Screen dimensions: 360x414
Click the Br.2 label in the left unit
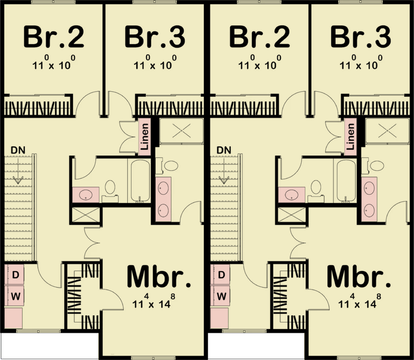(x=54, y=37)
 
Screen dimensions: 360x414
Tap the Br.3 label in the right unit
(x=361, y=37)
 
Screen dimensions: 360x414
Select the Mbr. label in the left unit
(x=158, y=277)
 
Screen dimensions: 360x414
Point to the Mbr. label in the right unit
(x=359, y=277)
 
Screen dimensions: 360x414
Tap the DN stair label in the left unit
(x=18, y=150)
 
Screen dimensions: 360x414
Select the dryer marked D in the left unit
(x=16, y=275)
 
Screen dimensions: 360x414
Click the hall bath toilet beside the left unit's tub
(x=110, y=189)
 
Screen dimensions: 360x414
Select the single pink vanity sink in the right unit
(x=291, y=194)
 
